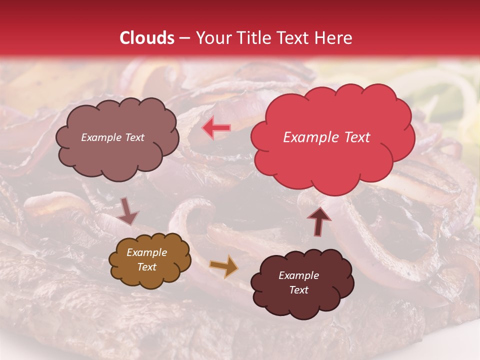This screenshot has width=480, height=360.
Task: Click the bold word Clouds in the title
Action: pos(147,38)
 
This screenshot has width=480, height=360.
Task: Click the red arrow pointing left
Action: pos(216,128)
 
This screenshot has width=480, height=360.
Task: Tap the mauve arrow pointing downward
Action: pos(128,210)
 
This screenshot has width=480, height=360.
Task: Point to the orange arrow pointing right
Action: pos(224,266)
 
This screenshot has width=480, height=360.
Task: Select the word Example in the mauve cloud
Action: pos(100,137)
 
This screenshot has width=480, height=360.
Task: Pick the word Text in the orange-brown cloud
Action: pos(147,267)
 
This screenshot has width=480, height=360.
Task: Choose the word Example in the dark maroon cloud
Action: pos(298,275)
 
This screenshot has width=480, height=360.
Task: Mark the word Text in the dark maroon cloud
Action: pos(298,290)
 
